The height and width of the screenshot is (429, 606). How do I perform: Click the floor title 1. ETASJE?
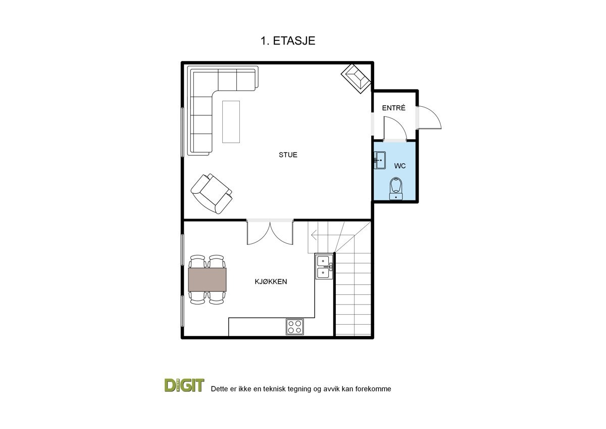tap(288, 41)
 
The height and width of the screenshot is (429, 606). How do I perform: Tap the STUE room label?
tap(288, 155)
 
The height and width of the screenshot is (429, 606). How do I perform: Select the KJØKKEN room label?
tap(271, 281)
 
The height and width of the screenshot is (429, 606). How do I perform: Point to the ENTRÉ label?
tap(393, 108)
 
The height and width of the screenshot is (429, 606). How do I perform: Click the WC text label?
tap(400, 165)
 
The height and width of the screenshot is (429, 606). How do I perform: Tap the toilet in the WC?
tap(396, 188)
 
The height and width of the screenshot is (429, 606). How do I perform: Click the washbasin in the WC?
tap(380, 160)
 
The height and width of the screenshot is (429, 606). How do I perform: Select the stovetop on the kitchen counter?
tap(295, 326)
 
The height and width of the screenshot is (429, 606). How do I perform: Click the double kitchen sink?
tap(323, 267)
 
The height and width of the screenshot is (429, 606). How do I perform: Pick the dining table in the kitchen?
tap(207, 280)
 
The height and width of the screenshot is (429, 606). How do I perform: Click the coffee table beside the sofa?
tap(231, 121)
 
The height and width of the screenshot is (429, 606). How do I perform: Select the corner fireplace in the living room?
tap(357, 78)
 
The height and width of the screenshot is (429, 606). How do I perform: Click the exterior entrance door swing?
tap(429, 117)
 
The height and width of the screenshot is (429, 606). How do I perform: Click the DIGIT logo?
tap(184, 385)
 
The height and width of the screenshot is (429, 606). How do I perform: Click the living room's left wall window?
tap(183, 132)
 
